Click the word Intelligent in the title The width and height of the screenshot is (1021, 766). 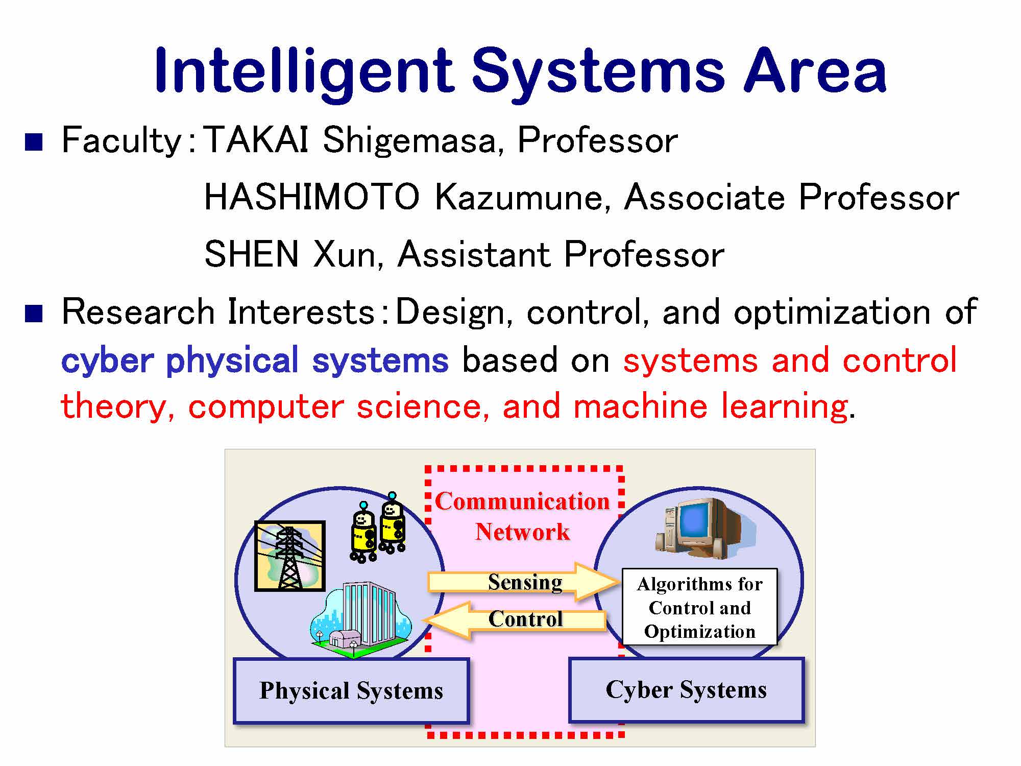tap(304, 71)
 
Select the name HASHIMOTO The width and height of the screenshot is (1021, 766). tap(311, 197)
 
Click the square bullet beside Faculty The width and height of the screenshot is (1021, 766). tap(34, 141)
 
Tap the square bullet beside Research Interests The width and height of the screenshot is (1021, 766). tap(34, 313)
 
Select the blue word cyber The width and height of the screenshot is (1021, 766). tap(107, 361)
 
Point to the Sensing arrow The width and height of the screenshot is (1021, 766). tap(523, 582)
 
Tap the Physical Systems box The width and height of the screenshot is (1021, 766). tap(351, 690)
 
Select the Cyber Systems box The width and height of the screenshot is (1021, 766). tap(686, 689)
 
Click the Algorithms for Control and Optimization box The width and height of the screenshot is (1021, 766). tap(699, 607)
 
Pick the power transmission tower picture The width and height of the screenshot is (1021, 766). tap(289, 556)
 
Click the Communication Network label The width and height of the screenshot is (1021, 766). tap(522, 516)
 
